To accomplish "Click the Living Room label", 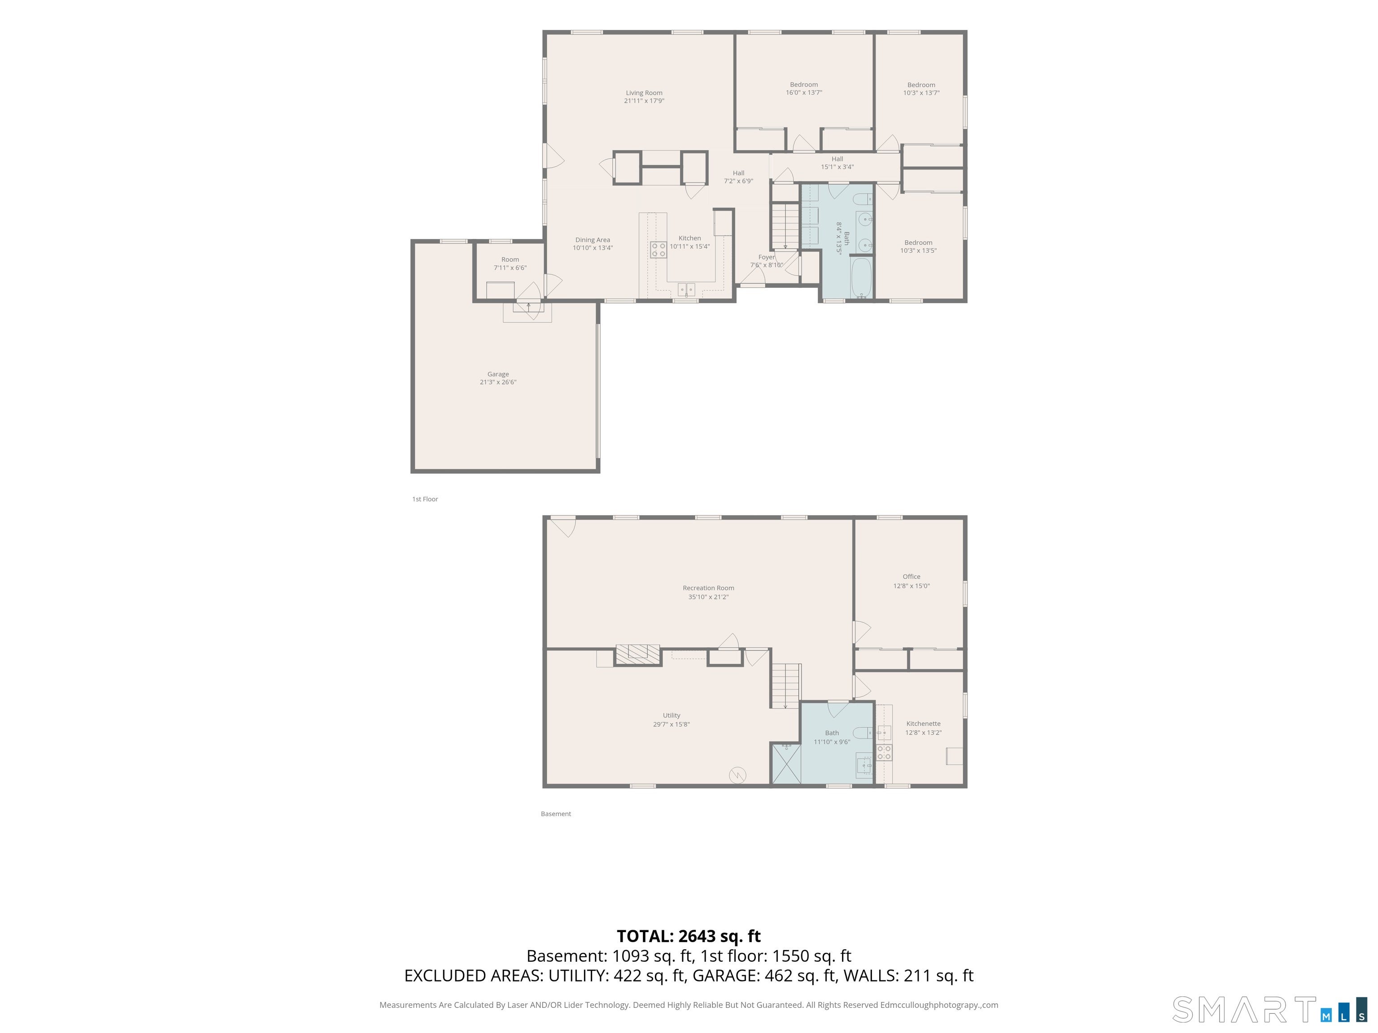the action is tap(644, 93).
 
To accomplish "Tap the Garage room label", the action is tap(498, 374).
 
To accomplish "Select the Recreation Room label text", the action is tap(708, 588).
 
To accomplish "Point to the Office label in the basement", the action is tap(911, 577).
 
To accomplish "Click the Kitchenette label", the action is tap(923, 724).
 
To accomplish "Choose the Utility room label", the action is tap(672, 716).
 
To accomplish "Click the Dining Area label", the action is tap(593, 240).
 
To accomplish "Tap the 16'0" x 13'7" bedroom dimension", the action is tap(804, 93).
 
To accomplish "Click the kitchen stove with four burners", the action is tap(658, 250).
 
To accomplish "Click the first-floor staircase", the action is tap(785, 226).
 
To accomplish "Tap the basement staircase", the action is tap(786, 686).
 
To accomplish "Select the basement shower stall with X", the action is tap(785, 764).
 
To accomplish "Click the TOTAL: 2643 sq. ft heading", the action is tap(689, 937).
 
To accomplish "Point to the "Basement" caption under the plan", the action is tap(556, 814).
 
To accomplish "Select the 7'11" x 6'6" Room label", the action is tap(510, 263).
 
